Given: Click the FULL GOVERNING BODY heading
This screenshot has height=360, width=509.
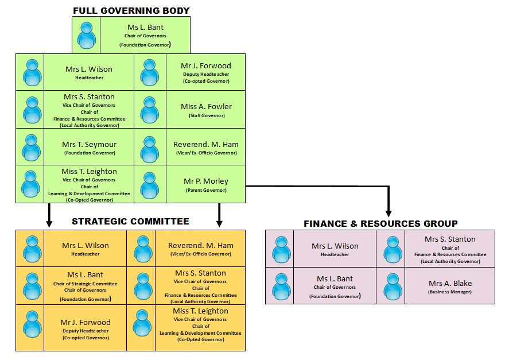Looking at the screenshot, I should (x=131, y=10).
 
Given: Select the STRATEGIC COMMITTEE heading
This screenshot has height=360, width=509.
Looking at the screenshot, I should (x=130, y=222).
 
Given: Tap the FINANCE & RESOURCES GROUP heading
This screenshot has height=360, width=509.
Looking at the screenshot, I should (x=380, y=223).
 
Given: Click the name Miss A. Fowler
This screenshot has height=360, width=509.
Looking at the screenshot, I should (x=206, y=107).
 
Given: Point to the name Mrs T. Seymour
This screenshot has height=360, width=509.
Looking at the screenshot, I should (x=89, y=144).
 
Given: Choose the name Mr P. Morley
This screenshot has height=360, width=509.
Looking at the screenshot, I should (x=206, y=181).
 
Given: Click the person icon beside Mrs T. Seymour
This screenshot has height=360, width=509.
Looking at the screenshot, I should (x=32, y=148).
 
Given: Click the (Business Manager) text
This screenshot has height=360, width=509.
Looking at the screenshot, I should (x=449, y=292).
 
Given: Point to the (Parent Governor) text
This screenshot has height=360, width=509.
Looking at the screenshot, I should (x=206, y=190).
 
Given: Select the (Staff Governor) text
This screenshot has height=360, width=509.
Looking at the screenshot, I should (x=206, y=115).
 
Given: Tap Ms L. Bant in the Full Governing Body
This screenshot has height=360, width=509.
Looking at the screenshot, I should (x=145, y=27).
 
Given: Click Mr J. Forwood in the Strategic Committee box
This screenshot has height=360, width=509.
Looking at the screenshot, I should (x=86, y=322).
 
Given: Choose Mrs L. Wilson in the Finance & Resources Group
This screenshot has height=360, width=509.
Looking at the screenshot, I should (x=335, y=246).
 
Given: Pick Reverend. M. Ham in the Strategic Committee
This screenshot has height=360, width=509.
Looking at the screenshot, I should (x=200, y=245).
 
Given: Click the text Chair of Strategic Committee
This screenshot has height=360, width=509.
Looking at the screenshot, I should (x=86, y=284).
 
